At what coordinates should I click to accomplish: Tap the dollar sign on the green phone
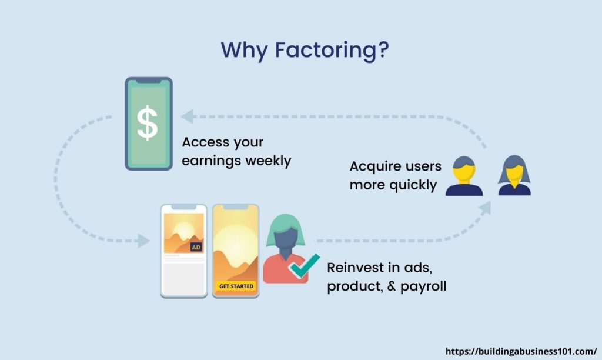tap(148, 124)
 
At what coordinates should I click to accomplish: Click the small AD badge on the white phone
tap(196, 247)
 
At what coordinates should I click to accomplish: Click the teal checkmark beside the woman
tap(305, 266)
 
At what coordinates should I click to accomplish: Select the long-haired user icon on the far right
tap(514, 175)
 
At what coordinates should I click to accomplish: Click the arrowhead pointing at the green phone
tap(188, 116)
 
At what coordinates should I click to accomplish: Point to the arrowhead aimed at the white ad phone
tap(143, 241)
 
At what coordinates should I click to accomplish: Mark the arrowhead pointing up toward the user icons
tap(485, 208)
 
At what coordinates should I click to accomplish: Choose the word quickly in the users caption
tap(413, 185)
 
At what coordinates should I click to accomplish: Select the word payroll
tap(423, 286)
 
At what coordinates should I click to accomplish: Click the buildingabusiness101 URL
tap(521, 351)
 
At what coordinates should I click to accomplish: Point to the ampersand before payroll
tap(391, 286)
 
